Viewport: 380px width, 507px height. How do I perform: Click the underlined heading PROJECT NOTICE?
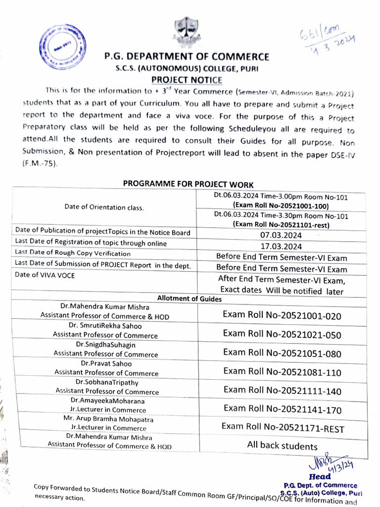(x=187, y=80)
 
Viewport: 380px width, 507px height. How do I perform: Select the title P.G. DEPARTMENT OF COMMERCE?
(x=187, y=57)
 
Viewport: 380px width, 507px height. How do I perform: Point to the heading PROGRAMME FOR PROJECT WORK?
(x=188, y=184)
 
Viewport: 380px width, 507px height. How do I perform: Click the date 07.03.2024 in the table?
(x=281, y=235)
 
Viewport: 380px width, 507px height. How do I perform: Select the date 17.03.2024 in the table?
(x=281, y=246)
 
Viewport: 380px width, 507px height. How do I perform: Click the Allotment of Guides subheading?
(x=189, y=298)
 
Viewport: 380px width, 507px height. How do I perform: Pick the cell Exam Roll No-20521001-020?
(x=282, y=315)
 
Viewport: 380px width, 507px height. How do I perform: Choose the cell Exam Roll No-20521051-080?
(x=282, y=353)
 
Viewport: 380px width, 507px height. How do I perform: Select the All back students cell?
(x=282, y=446)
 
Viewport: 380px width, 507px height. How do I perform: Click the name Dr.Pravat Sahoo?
(x=106, y=363)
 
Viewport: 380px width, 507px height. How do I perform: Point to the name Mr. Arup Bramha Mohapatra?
(x=108, y=419)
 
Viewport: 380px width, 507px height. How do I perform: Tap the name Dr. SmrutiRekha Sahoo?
(x=105, y=326)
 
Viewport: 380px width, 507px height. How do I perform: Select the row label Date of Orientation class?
(x=104, y=207)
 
